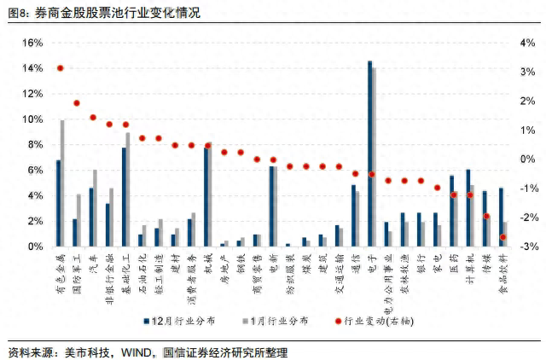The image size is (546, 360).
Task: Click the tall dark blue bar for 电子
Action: coord(369,154)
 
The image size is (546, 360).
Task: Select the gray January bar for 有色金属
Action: coord(62,183)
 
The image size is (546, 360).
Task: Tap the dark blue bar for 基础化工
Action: coord(124,197)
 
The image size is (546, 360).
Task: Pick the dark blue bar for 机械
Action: coord(206,197)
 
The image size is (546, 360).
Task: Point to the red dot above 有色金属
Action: coord(60,68)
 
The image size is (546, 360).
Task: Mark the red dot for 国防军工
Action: coord(76,103)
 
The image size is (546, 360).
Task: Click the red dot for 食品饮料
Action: coord(503,237)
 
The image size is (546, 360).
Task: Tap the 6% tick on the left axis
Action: coord(35,171)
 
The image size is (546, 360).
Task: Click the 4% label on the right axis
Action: coord(528,43)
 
